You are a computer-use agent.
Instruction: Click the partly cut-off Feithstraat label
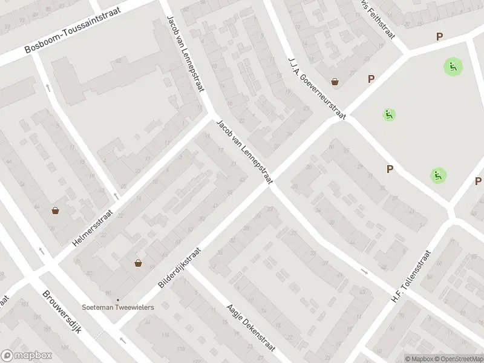click(376, 18)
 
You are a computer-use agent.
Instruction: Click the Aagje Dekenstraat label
click(251, 327)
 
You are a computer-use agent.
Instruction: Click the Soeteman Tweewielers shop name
click(119, 307)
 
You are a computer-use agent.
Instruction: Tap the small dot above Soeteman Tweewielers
click(119, 299)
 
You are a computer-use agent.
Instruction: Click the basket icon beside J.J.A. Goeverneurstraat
click(335, 82)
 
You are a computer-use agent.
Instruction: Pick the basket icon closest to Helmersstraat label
click(56, 211)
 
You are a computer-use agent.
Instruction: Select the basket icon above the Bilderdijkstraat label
click(139, 263)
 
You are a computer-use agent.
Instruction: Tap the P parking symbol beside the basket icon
click(371, 79)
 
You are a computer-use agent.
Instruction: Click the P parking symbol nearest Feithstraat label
click(439, 36)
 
